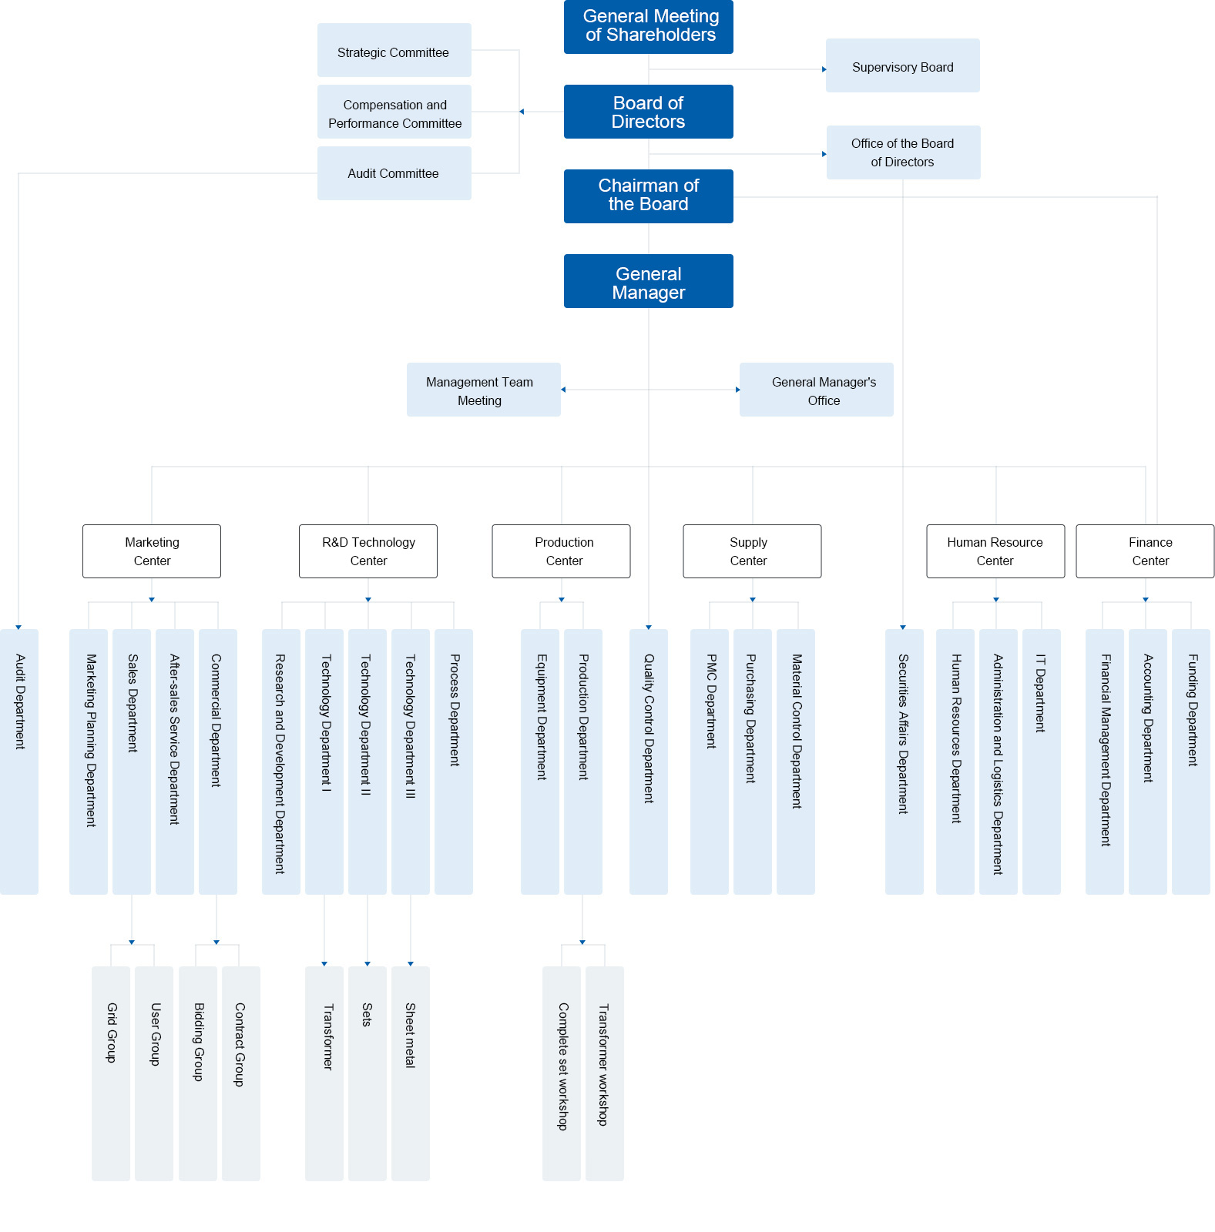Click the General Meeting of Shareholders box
[648, 26]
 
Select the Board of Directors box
[648, 112]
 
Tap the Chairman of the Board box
[648, 196]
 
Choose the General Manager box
[648, 281]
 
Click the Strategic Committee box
[394, 50]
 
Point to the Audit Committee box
[394, 173]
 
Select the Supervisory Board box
[902, 65]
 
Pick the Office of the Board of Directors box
[903, 152]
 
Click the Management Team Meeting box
[483, 390]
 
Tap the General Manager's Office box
[816, 390]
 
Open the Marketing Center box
[152, 551]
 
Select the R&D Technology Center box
[368, 551]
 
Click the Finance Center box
[1145, 551]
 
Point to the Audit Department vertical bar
[19, 762]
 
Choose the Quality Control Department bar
[649, 762]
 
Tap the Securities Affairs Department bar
[904, 762]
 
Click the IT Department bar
[1041, 762]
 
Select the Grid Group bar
[111, 1073]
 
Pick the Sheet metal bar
[411, 1073]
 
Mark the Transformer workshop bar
[605, 1073]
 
